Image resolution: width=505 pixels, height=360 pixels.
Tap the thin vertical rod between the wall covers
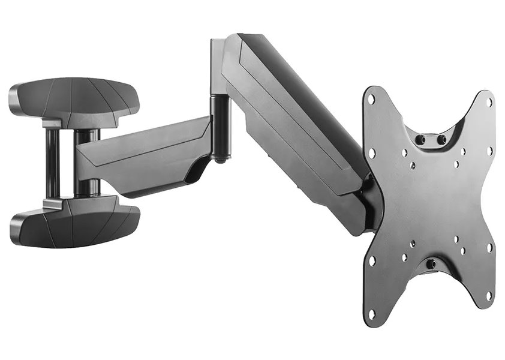(53, 162)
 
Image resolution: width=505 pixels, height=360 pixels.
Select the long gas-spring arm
(294, 126)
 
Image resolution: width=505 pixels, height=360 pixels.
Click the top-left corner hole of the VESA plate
(371, 98)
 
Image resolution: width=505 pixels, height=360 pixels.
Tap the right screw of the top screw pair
(442, 140)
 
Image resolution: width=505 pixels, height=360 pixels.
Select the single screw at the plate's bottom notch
(431, 263)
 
